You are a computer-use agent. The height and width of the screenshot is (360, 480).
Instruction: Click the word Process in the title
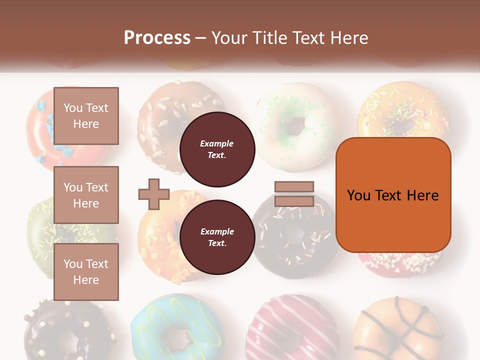pyautogui.click(x=157, y=37)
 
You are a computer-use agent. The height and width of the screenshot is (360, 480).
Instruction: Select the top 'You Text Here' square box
pyautogui.click(x=86, y=116)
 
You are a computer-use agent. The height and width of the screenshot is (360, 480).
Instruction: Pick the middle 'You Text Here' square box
pyautogui.click(x=86, y=195)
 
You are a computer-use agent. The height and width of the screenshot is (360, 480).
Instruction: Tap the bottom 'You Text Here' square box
pyautogui.click(x=86, y=272)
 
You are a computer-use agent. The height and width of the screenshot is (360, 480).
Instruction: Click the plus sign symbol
pyautogui.click(x=154, y=194)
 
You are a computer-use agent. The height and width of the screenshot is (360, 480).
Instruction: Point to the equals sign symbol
pyautogui.click(x=294, y=194)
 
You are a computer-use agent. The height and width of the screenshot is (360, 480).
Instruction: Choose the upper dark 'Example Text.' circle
pyautogui.click(x=217, y=149)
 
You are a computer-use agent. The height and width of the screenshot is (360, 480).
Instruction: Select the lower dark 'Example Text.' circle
pyautogui.click(x=217, y=237)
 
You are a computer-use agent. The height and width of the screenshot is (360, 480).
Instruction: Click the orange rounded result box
pyautogui.click(x=393, y=195)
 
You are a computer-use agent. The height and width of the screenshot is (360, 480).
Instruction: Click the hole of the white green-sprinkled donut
pyautogui.click(x=296, y=125)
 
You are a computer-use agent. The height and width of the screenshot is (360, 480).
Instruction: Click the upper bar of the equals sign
pyautogui.click(x=294, y=187)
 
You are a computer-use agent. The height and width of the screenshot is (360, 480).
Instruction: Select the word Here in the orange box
pyautogui.click(x=422, y=195)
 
